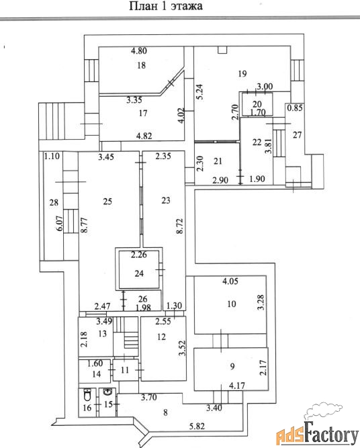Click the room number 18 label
tap(142, 65)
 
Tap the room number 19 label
tap(242, 74)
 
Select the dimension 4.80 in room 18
tap(139, 51)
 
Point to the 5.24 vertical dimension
tap(200, 91)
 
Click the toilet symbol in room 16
tap(88, 396)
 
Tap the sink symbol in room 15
tap(107, 392)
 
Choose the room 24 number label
tap(139, 273)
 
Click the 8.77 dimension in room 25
tap(84, 226)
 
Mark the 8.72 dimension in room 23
tap(179, 226)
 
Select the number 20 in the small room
tap(257, 103)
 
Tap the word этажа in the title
tap(187, 6)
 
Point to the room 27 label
tap(297, 134)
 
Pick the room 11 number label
tap(124, 370)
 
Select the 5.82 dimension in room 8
tap(197, 427)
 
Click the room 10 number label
tap(232, 304)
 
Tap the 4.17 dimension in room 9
tap(237, 386)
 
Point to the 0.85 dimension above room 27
tap(295, 108)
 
